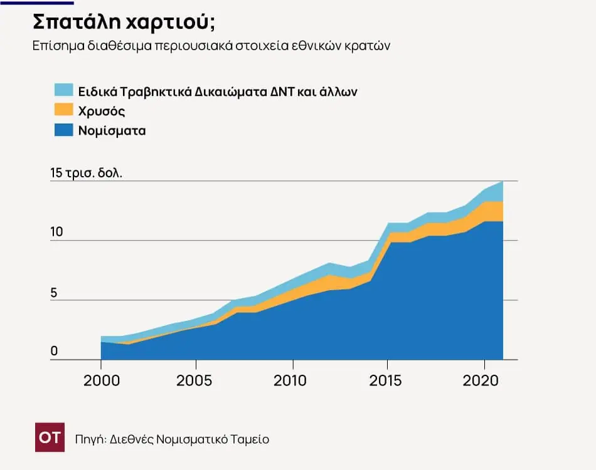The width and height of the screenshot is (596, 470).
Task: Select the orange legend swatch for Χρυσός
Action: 64,110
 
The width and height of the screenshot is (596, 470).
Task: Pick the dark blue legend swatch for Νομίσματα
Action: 64,130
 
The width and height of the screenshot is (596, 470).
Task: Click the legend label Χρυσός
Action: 102,111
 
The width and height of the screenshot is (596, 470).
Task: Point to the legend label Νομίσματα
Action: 112,131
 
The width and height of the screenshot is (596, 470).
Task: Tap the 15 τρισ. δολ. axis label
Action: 86,173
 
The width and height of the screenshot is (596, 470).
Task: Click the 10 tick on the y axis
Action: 56,231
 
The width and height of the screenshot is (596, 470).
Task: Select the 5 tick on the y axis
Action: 54,291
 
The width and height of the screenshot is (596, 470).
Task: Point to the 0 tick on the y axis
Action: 54,351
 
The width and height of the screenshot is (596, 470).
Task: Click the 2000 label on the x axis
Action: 101,380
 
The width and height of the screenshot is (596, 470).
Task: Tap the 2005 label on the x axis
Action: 196,380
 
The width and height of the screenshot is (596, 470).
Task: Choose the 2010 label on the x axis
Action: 292,380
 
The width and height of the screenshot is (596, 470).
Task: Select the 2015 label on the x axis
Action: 387,380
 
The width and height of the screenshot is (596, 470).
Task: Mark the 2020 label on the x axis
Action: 482,380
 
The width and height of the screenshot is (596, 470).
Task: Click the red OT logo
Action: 50,438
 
